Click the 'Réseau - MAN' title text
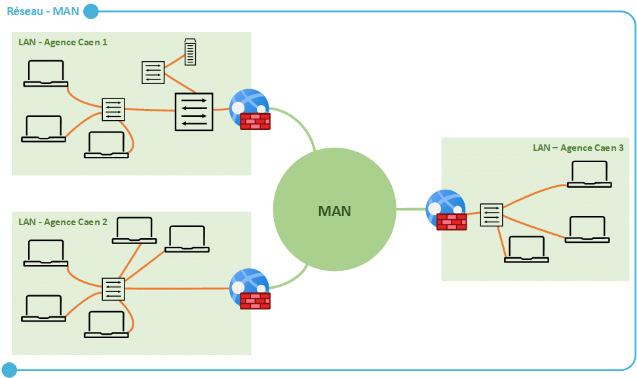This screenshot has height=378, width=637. click(x=43, y=10)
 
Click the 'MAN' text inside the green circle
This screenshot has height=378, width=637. click(x=334, y=211)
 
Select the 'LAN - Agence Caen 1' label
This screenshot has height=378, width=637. click(x=63, y=42)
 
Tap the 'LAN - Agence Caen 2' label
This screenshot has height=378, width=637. click(x=63, y=222)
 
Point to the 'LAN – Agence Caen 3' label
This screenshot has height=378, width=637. click(x=578, y=148)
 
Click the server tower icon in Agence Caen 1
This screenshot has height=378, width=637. click(x=190, y=52)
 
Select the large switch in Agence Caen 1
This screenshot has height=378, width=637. click(x=194, y=111)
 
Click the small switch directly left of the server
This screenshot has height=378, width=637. click(x=153, y=72)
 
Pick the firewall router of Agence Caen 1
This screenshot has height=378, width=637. click(x=250, y=108)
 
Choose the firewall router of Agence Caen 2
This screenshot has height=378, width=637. click(x=250, y=289)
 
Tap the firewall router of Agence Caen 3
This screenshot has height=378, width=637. click(x=446, y=209)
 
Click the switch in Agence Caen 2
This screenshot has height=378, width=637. click(x=113, y=288)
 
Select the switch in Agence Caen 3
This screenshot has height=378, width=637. click(x=491, y=215)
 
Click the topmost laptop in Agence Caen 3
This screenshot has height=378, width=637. click(x=589, y=174)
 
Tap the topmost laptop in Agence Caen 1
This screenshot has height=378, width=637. click(x=45, y=73)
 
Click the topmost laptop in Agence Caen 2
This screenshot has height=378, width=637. click(x=134, y=230)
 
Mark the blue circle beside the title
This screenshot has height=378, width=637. click(x=91, y=11)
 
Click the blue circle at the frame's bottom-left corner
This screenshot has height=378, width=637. click(x=9, y=369)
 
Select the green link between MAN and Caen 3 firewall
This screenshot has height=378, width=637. click(x=411, y=209)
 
